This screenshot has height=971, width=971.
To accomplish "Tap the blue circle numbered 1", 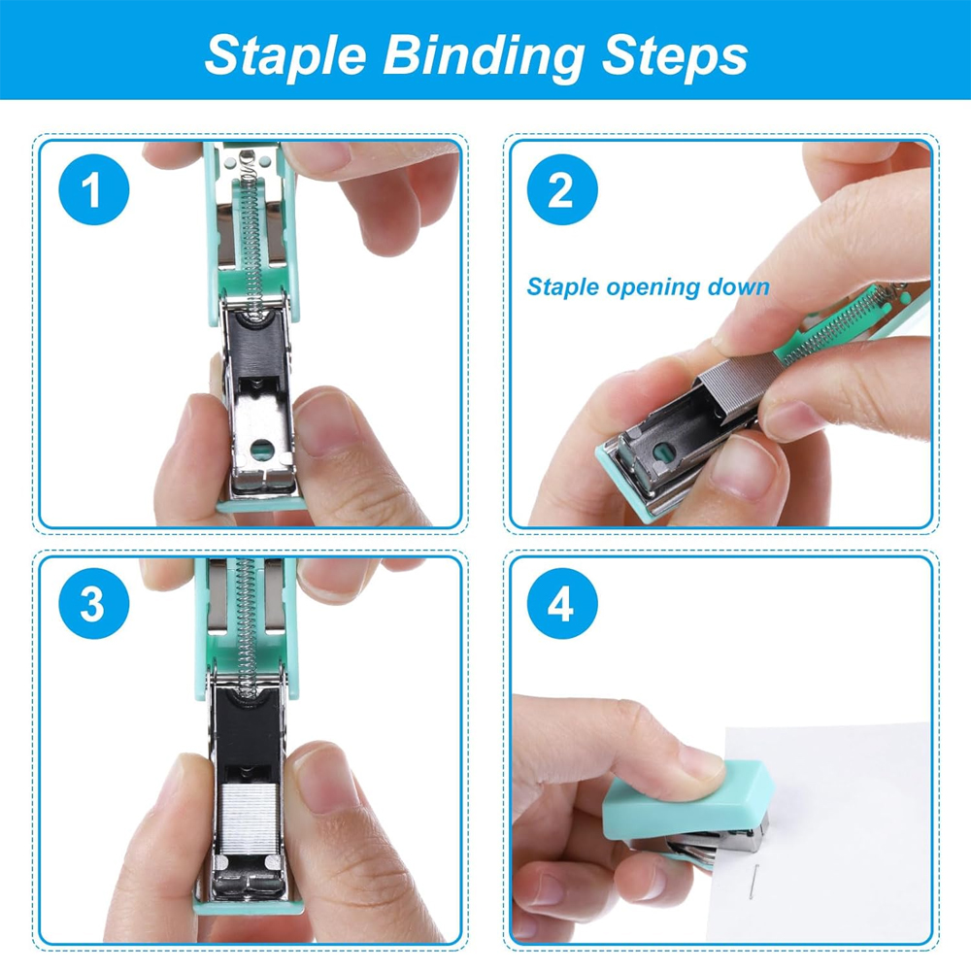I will (x=91, y=191).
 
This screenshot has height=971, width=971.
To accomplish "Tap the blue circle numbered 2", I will (x=560, y=191).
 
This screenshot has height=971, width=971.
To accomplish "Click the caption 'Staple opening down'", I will (x=648, y=287).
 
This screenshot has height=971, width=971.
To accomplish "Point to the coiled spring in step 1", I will (x=253, y=233).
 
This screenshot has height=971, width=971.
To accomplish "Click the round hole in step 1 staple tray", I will (x=261, y=449).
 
